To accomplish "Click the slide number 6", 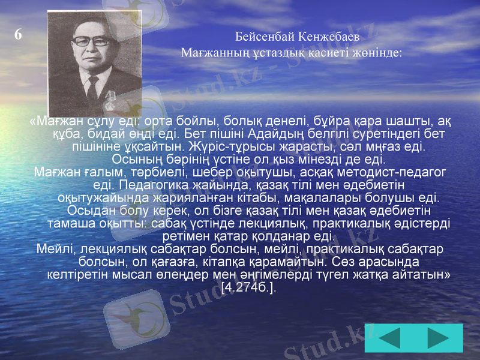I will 18,35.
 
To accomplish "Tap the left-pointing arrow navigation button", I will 391,337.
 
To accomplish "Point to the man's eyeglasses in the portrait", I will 91,42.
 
